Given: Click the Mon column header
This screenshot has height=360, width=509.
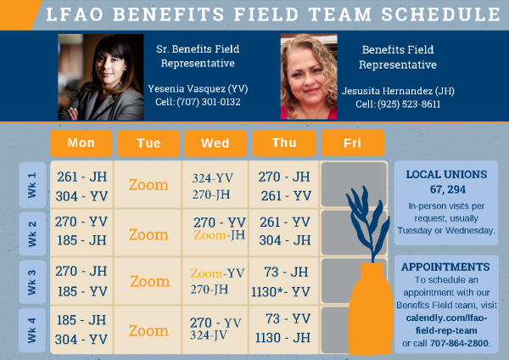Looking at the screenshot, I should pyautogui.click(x=81, y=143).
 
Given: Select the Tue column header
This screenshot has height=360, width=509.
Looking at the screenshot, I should pyautogui.click(x=148, y=143).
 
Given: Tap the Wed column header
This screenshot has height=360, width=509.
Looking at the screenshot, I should pyautogui.click(x=215, y=143).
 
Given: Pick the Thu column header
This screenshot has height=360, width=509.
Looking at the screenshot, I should pyautogui.click(x=284, y=143).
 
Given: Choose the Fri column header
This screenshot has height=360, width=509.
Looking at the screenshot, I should pyautogui.click(x=352, y=143).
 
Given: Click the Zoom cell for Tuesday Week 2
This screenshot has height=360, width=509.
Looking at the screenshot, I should pyautogui.click(x=148, y=233).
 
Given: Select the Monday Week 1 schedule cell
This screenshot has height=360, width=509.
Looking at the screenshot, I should pyautogui.click(x=81, y=185).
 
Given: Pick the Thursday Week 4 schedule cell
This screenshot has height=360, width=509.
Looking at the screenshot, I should pyautogui.click(x=284, y=329).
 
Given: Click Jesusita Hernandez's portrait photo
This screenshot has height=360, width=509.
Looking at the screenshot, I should pyautogui.click(x=309, y=77).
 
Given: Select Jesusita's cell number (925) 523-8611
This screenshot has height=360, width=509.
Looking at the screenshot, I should pyautogui.click(x=398, y=104).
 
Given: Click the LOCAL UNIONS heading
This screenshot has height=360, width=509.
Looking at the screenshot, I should pyautogui.click(x=446, y=174).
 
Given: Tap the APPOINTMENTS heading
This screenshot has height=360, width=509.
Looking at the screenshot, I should pyautogui.click(x=446, y=267).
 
